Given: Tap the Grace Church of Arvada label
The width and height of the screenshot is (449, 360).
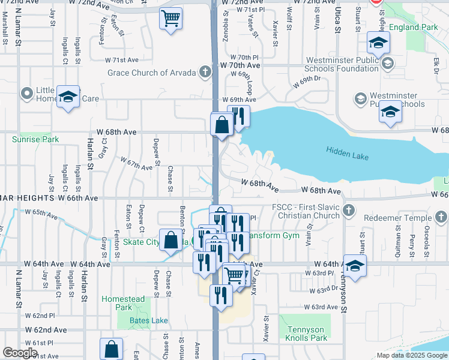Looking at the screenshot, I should [152, 73].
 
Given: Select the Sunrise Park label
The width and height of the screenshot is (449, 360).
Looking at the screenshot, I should [35, 139].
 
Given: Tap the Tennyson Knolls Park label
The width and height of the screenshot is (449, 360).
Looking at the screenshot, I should [306, 334].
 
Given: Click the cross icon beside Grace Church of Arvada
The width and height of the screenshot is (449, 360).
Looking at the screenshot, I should [205, 73].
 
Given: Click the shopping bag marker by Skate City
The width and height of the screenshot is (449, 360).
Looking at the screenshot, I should [171, 239].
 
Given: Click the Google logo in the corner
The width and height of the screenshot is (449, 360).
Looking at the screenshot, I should [20, 353].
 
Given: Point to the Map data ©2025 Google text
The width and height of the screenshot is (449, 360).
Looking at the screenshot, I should [412, 355].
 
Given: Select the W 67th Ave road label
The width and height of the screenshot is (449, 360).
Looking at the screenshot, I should [136, 164].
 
